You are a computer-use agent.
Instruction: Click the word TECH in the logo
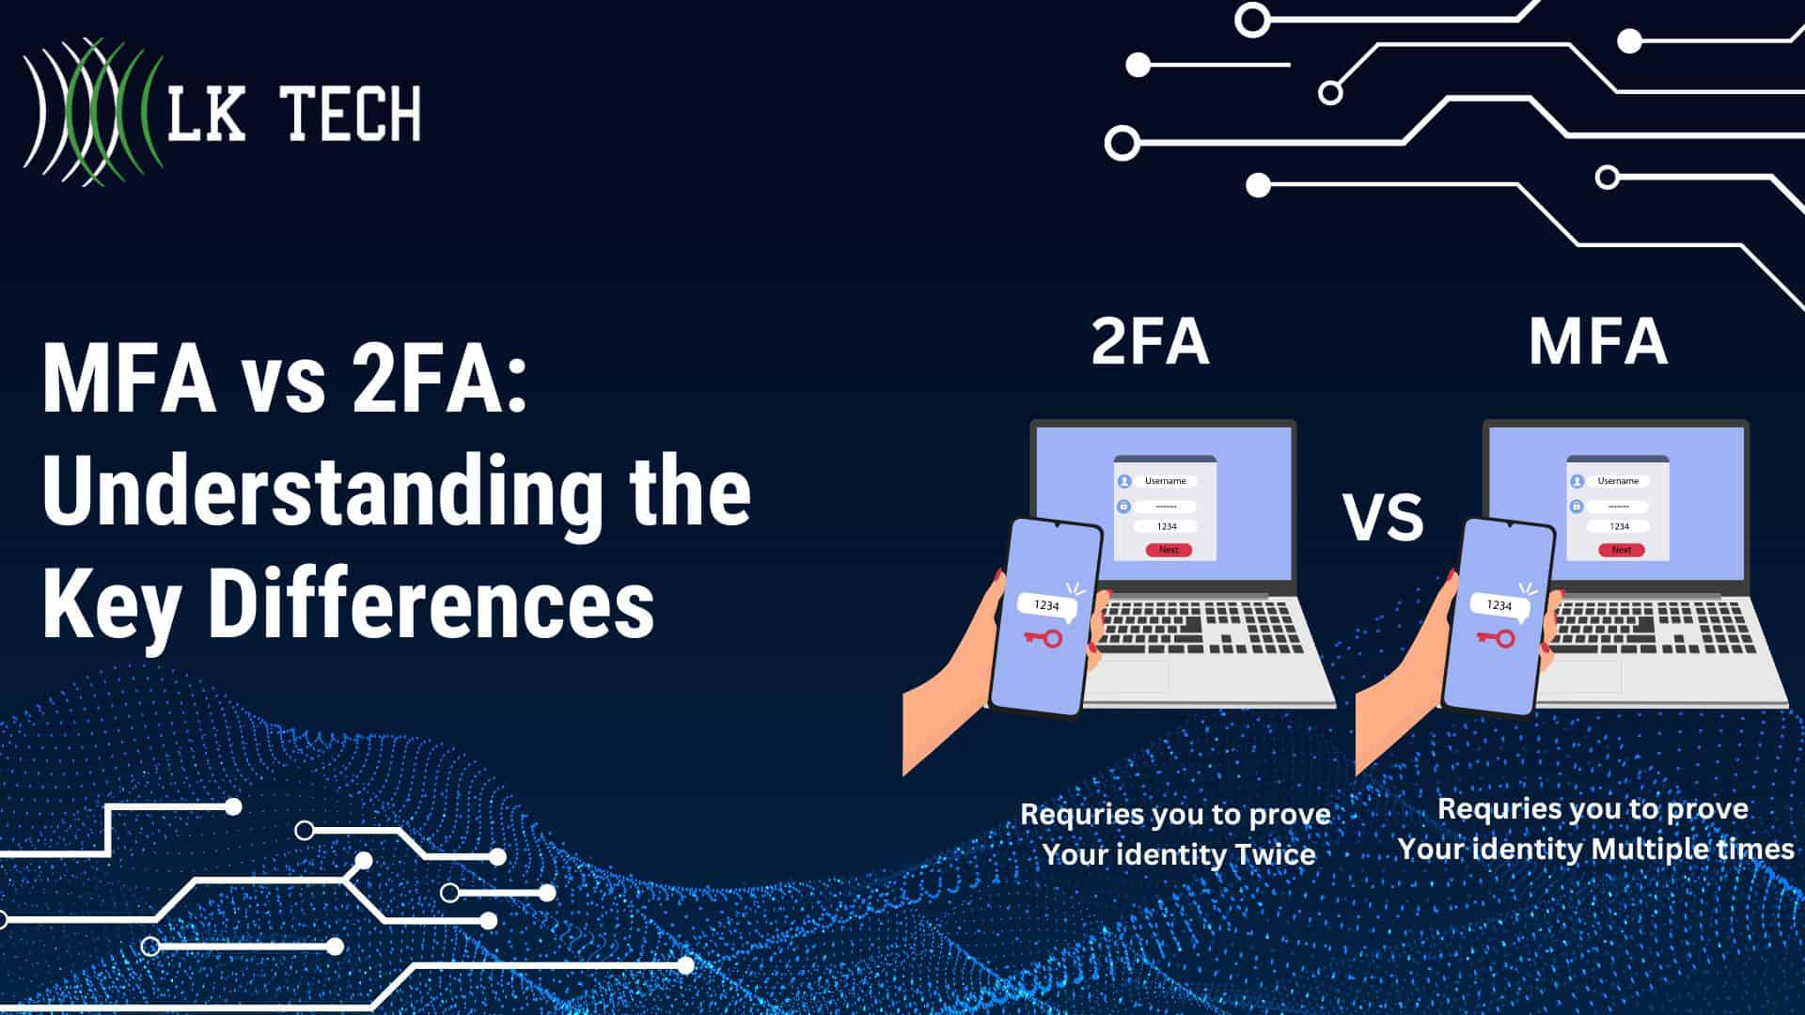click(352, 113)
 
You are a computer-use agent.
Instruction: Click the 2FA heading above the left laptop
click(1150, 342)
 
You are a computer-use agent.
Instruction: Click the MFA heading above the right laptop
click(1598, 342)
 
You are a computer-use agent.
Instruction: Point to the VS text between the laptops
click(1382, 518)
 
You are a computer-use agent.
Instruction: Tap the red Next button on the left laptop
click(1169, 550)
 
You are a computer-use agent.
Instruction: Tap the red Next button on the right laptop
click(1622, 550)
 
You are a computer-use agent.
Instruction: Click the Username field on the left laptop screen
click(1166, 481)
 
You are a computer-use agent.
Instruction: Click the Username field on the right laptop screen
click(1618, 481)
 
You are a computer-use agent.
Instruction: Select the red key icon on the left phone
click(1043, 639)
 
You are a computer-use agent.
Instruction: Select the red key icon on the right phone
click(1496, 639)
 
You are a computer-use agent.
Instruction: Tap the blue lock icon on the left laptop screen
click(1123, 507)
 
